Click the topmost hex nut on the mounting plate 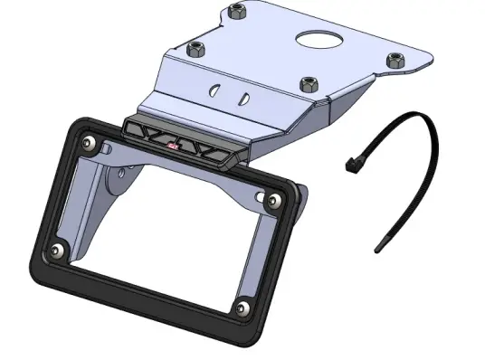(237, 12)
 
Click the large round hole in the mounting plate (319, 38)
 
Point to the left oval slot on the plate (214, 90)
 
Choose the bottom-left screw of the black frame (56, 251)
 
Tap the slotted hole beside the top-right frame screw (261, 197)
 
